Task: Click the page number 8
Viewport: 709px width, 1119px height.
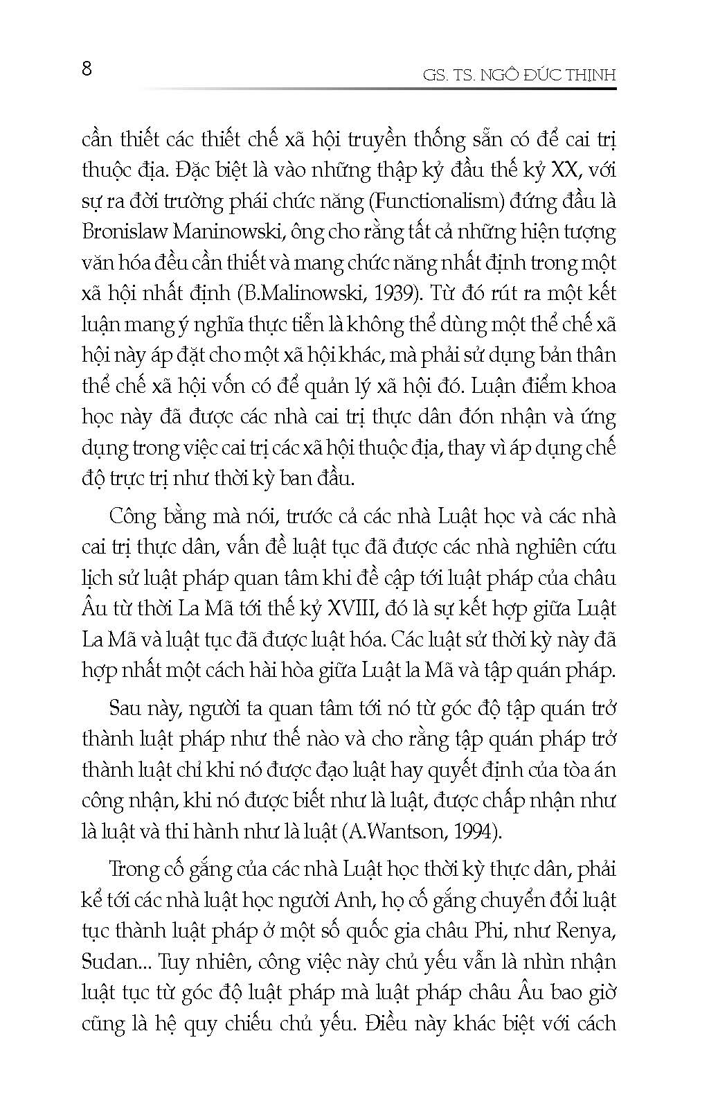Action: [87, 69]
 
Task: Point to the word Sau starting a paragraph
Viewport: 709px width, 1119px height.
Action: [127, 709]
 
